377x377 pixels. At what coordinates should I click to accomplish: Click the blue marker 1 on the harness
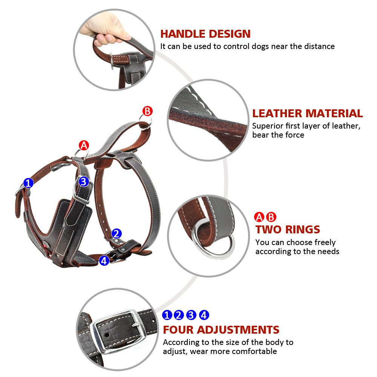pyautogui.click(x=28, y=183)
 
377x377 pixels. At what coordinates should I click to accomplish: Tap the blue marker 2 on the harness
pyautogui.click(x=116, y=233)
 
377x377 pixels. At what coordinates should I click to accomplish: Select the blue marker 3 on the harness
pyautogui.click(x=84, y=182)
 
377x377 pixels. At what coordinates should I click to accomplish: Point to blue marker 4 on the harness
pyautogui.click(x=104, y=260)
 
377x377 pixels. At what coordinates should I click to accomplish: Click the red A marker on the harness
pyautogui.click(x=84, y=145)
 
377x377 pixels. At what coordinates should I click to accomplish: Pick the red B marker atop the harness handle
pyautogui.click(x=147, y=111)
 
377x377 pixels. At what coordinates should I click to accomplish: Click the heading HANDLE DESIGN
pyautogui.click(x=205, y=34)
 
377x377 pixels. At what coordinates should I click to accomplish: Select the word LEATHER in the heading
pyautogui.click(x=277, y=113)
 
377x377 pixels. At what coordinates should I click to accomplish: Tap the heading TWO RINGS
pyautogui.click(x=288, y=229)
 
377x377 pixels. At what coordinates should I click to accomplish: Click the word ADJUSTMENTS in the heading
pyautogui.click(x=238, y=329)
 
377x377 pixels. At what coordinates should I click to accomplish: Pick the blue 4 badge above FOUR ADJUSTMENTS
pyautogui.click(x=204, y=315)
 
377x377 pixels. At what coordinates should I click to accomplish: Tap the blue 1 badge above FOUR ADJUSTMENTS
pyautogui.click(x=167, y=315)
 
